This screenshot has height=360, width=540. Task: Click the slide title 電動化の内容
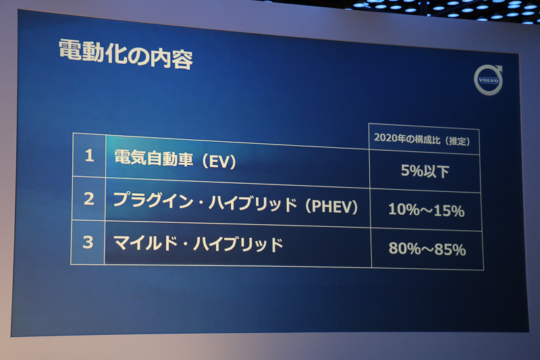point(126,54)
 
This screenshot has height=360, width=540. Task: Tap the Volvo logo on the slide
point(488,80)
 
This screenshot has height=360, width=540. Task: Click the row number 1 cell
point(88,155)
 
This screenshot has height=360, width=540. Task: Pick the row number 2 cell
point(88,199)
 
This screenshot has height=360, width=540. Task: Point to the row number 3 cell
point(88,242)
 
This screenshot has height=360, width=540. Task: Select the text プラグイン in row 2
point(144,200)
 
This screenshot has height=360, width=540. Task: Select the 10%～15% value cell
point(426,211)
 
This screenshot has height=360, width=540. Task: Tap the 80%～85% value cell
point(427,249)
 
